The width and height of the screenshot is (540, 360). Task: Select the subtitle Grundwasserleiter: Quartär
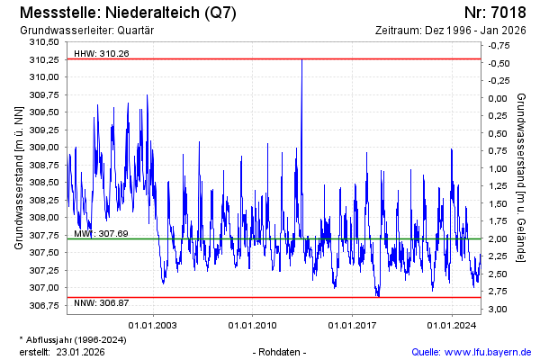[85, 30]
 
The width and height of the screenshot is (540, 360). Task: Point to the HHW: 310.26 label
[101, 53]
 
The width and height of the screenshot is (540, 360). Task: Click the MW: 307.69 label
[99, 234]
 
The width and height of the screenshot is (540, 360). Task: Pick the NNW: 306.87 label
[101, 302]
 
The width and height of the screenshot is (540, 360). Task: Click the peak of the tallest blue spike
[301, 59]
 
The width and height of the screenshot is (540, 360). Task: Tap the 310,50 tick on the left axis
[43, 42]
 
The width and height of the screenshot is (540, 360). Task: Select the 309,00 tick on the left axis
[43, 148]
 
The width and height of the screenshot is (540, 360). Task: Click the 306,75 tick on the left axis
[43, 306]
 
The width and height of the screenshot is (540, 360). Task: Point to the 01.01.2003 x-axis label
[153, 324]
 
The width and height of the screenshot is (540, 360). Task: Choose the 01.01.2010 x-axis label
[253, 324]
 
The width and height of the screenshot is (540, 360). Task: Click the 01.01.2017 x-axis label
[353, 324]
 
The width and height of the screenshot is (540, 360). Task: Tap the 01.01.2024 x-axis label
[452, 324]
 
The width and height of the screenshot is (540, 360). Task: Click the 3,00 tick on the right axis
[498, 309]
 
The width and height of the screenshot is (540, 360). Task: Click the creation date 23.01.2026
[80, 351]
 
